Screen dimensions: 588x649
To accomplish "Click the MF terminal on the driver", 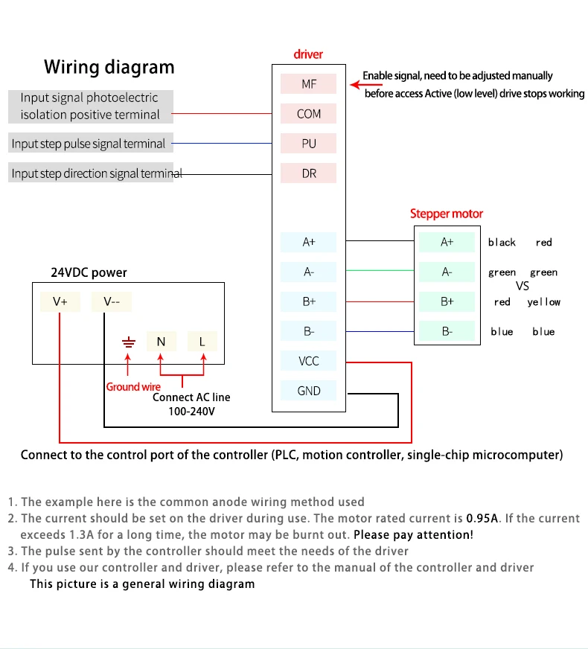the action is [308, 83].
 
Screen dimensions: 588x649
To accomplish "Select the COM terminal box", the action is [308, 113].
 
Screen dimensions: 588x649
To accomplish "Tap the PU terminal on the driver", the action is [308, 143].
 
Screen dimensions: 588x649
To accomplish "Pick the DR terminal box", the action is [308, 173].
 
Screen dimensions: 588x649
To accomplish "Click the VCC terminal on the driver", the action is [308, 361].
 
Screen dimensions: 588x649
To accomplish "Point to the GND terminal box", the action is [308, 391].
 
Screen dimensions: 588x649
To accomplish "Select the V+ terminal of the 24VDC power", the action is [60, 301].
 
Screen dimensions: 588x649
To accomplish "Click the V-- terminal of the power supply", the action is [112, 301].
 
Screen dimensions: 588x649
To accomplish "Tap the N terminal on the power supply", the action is [162, 342].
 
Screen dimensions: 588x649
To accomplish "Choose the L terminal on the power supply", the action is [202, 342].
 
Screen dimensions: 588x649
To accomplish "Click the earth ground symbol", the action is [129, 342].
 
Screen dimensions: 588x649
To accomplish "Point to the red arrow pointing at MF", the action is [365, 85].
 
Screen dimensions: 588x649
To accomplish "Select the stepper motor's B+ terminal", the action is [447, 301].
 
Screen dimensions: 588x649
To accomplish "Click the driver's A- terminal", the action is [308, 272].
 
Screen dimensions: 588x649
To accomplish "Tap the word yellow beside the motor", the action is [544, 302].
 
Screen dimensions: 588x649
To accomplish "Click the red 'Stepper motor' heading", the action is [447, 214].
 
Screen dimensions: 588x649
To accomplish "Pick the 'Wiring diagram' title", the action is [109, 67].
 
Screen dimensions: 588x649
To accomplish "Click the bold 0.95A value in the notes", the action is [482, 518].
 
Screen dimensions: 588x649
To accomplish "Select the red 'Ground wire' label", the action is [133, 386].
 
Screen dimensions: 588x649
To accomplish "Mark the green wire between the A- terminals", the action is [380, 270].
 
